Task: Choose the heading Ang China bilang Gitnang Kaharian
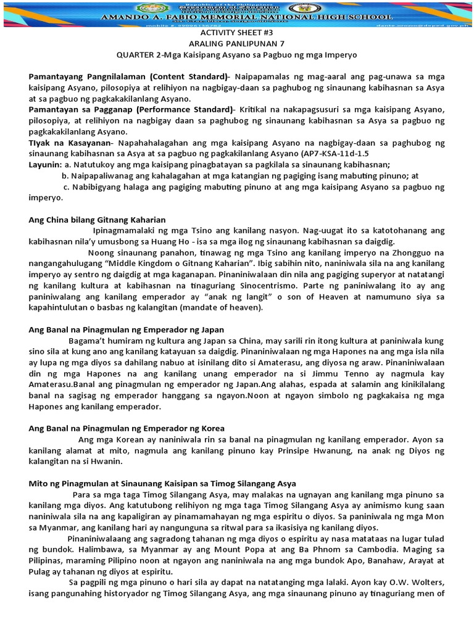tap(97, 220)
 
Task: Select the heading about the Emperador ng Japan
tap(127, 330)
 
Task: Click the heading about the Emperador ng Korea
tap(127, 428)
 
